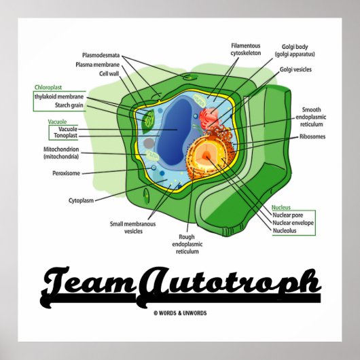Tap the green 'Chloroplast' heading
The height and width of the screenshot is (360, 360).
48,88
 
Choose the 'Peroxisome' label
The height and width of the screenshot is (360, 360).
67,173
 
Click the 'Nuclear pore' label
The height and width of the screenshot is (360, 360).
288,215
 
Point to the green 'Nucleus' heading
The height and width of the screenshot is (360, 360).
281,206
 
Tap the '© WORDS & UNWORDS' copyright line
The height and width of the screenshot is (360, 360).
179,312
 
